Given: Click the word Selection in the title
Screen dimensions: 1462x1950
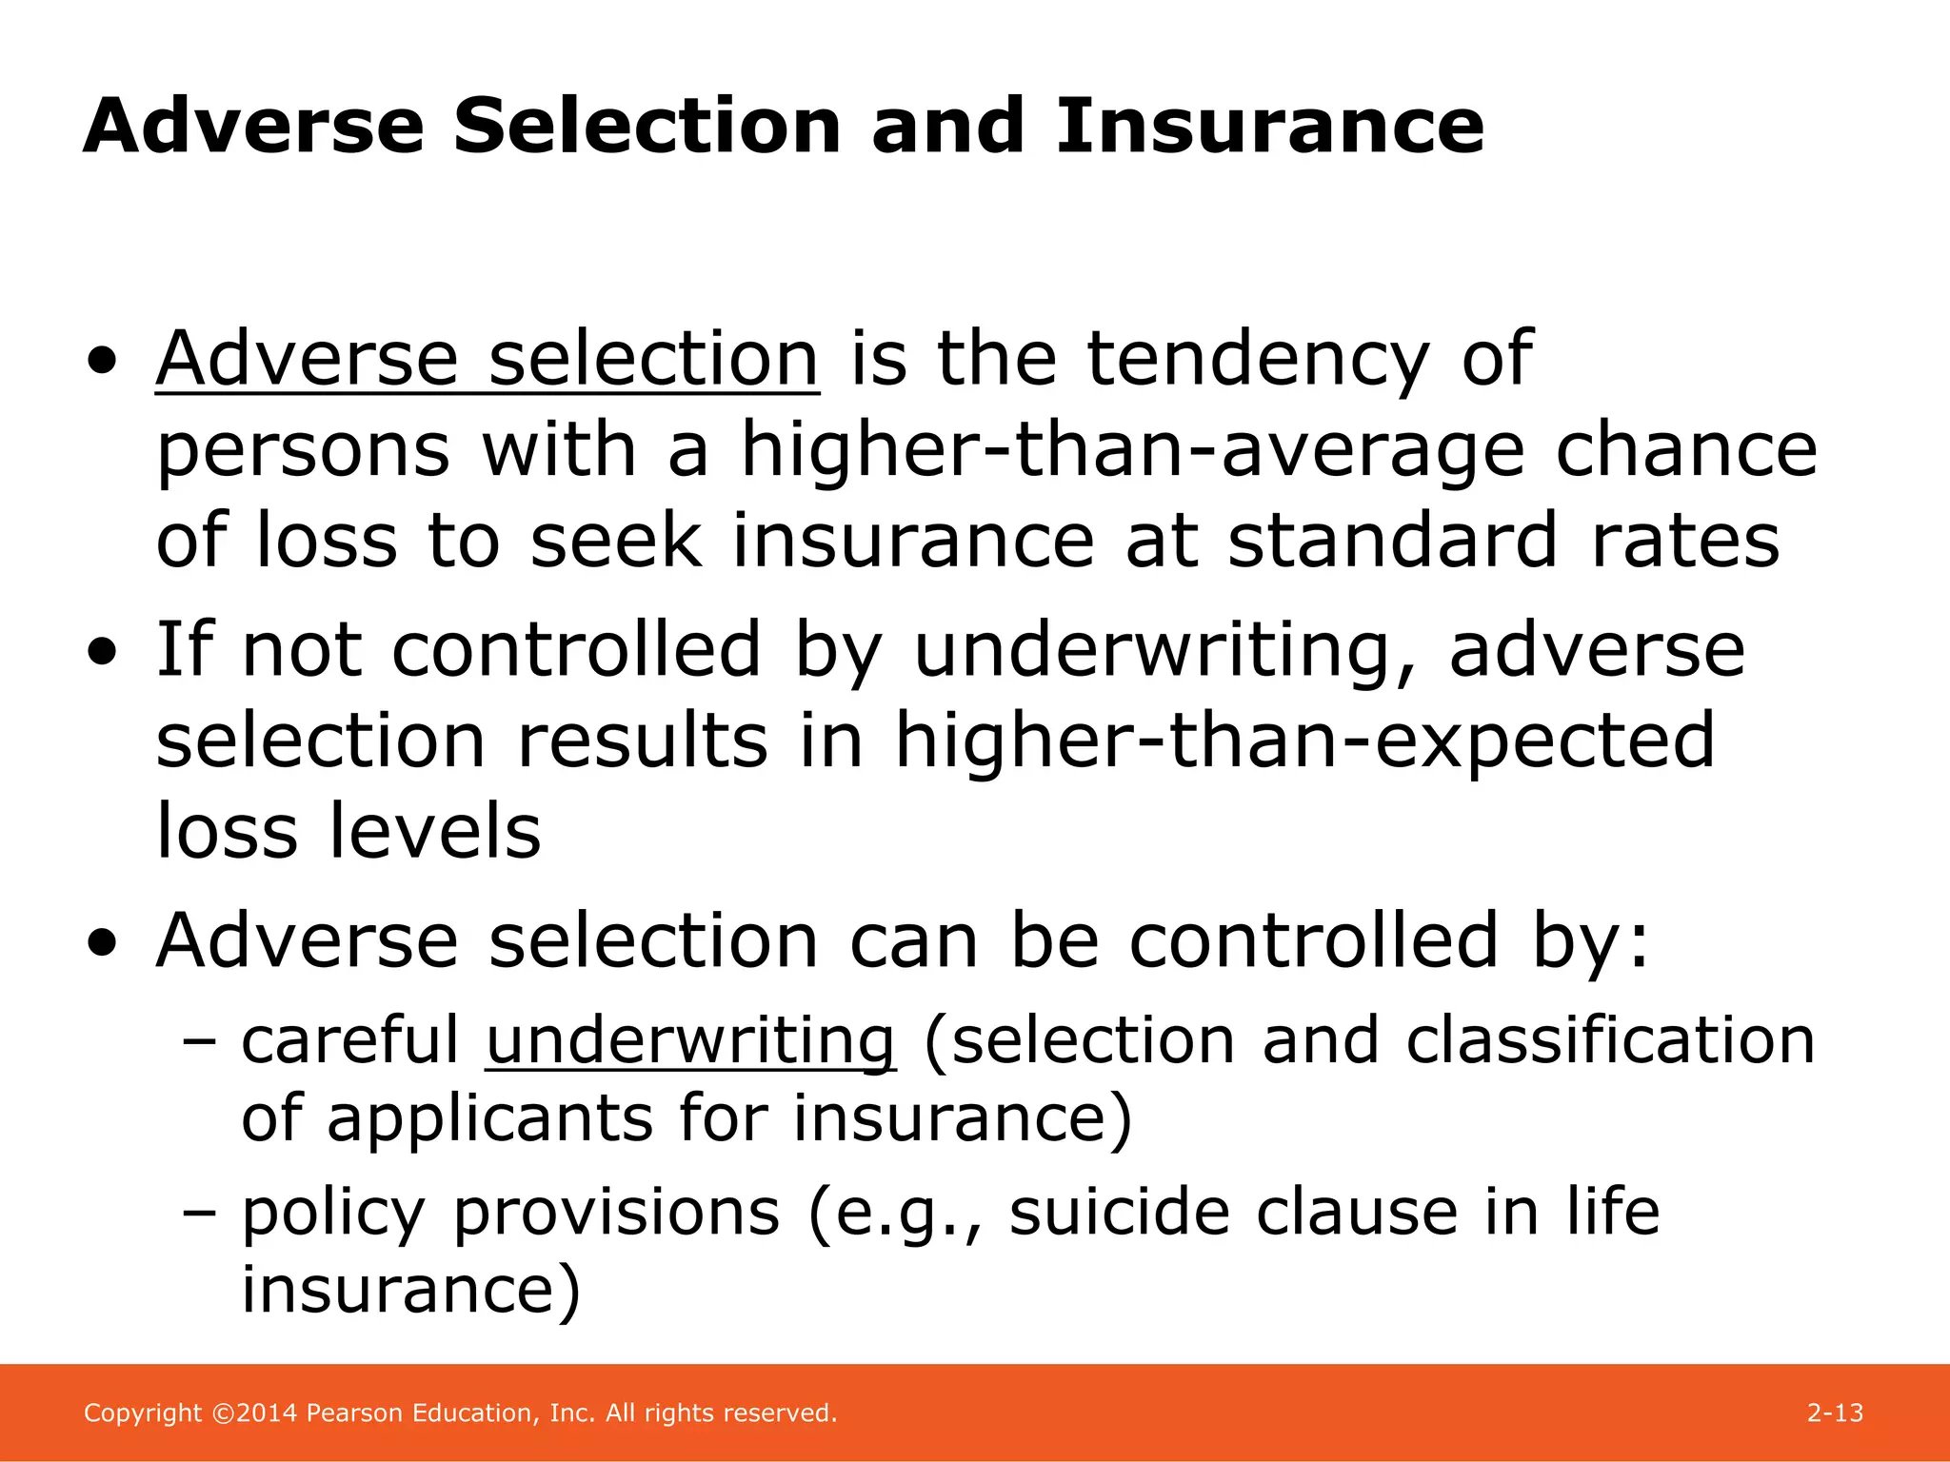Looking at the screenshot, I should tap(647, 127).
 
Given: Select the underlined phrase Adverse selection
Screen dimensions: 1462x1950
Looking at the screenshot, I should tap(487, 360).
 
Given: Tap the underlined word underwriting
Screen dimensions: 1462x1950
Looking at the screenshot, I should tap(690, 1041).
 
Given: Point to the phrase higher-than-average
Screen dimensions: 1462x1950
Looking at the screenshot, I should tap(1132, 450).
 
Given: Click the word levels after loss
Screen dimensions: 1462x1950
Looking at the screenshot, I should tap(435, 832).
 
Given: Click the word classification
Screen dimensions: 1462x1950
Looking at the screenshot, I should tap(1610, 1039).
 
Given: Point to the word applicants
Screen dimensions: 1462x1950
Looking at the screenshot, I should tap(489, 1117).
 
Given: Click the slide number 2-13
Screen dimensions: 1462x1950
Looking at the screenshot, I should tap(1835, 1413).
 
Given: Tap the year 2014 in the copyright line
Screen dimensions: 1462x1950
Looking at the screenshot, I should tap(268, 1413).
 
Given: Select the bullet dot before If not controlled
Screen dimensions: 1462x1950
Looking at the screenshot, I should tap(102, 653).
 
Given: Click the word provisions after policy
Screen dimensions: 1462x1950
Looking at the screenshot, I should tap(616, 1215).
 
